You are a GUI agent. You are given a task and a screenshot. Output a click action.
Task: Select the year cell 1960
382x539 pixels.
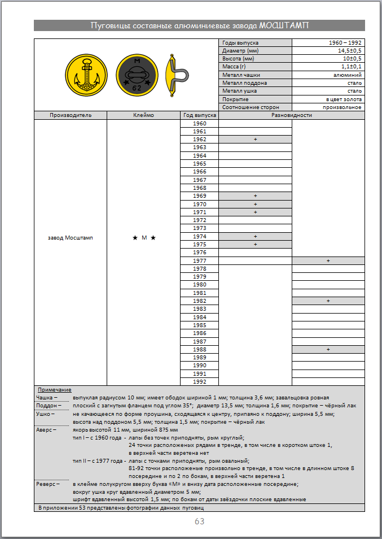(199, 123)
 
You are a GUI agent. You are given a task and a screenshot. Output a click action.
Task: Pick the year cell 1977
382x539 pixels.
(199, 260)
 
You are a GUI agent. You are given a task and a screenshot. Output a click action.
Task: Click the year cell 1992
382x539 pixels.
(199, 381)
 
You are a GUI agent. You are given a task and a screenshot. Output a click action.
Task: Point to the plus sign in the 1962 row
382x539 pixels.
(255, 140)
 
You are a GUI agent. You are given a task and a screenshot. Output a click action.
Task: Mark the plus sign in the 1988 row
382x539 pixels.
(328, 350)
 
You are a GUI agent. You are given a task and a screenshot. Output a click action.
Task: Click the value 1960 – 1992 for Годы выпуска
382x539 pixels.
(345, 43)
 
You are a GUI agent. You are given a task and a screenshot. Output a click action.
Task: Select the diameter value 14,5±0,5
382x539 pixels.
(349, 51)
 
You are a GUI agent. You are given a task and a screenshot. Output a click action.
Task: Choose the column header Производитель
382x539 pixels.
(70, 115)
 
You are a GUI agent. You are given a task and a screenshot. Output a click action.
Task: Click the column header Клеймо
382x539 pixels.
(143, 115)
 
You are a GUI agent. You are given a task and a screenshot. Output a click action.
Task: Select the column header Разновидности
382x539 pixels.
(291, 115)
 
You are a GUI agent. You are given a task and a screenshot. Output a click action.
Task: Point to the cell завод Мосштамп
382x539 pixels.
(70, 238)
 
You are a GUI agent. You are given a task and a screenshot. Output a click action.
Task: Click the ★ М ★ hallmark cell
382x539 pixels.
(143, 238)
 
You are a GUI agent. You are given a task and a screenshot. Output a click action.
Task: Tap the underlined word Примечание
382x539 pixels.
(54, 390)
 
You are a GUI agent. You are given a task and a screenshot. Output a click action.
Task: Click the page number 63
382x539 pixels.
(199, 521)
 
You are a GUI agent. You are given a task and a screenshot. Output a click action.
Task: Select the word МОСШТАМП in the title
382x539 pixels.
(284, 25)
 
